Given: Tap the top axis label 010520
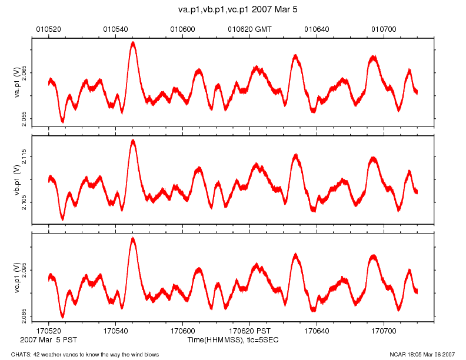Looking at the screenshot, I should [x=49, y=28].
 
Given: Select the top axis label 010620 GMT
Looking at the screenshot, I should [x=249, y=28].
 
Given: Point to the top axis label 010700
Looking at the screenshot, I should [x=384, y=28].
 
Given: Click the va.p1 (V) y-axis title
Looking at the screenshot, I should [x=18, y=82].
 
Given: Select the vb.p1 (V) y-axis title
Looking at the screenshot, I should [x=18, y=179].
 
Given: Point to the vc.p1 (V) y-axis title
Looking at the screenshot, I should [x=18, y=276].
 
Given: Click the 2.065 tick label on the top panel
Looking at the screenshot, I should [x=24, y=74].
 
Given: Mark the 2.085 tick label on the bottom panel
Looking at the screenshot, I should [x=24, y=316].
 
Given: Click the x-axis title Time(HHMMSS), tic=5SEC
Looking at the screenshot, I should [x=233, y=341].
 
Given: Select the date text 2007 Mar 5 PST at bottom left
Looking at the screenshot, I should [x=48, y=341].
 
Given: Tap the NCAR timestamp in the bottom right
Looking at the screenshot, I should [x=422, y=354].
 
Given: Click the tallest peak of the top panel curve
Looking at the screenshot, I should [x=134, y=42].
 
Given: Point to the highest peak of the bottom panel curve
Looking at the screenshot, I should [x=134, y=238].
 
